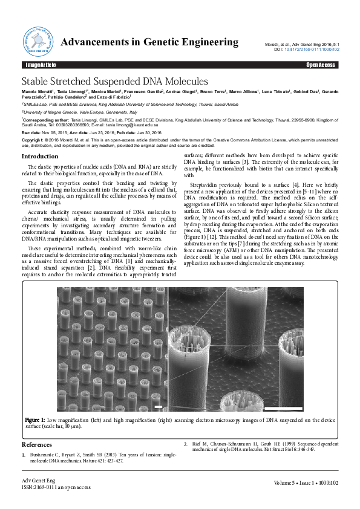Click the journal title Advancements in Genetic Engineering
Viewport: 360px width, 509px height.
(150, 42)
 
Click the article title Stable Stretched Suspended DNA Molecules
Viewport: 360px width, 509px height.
(115, 81)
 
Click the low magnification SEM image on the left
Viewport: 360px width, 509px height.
(112, 351)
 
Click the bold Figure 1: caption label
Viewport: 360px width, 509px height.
(35, 420)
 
